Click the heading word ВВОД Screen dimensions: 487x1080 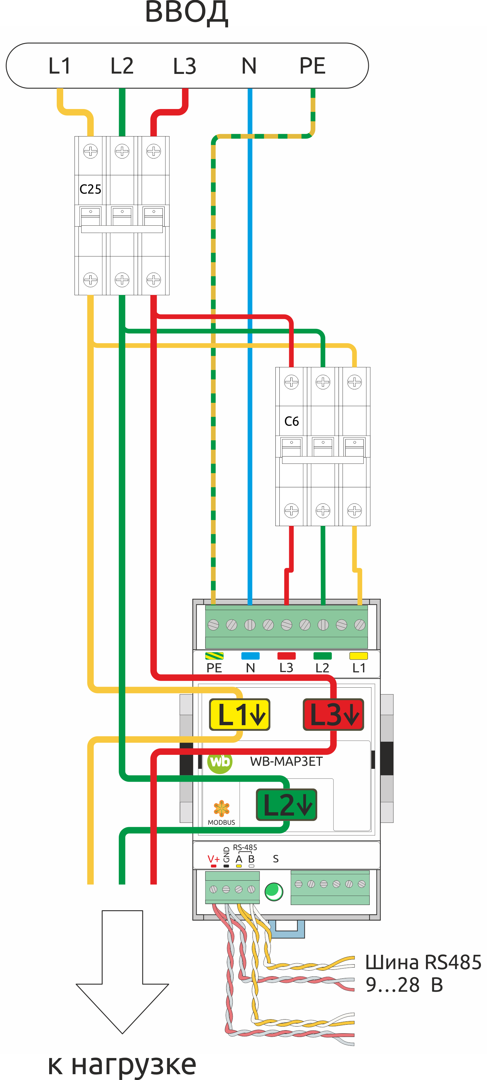pyautogui.click(x=187, y=13)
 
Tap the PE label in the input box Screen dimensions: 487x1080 pyautogui.click(x=312, y=66)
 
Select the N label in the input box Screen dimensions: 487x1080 pyautogui.click(x=249, y=66)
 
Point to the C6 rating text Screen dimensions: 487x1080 pyautogui.click(x=292, y=421)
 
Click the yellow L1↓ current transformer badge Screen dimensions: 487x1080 pyautogui.click(x=240, y=715)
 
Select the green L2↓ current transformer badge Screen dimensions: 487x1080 pyautogui.click(x=287, y=805)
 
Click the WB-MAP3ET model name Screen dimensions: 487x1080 pyautogui.click(x=286, y=761)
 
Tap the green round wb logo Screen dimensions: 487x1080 pyautogui.click(x=220, y=761)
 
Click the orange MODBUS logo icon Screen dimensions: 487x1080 pyautogui.click(x=221, y=808)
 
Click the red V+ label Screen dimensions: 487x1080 pyautogui.click(x=214, y=859)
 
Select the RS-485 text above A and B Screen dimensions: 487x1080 pyautogui.click(x=245, y=847)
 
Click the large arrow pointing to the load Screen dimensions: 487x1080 pyautogui.click(x=122, y=971)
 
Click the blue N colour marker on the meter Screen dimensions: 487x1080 pyautogui.click(x=250, y=656)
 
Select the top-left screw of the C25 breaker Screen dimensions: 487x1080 pyautogui.click(x=90, y=151)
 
